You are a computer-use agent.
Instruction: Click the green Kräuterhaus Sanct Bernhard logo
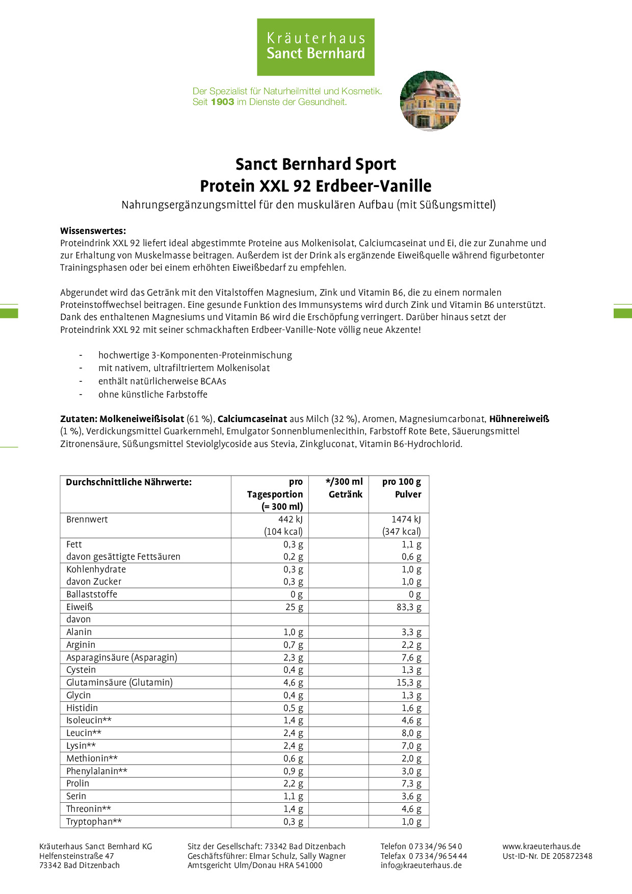pyautogui.click(x=315, y=47)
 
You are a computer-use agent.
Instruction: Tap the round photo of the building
pyautogui.click(x=430, y=100)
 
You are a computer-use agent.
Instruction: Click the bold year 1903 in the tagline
pyautogui.click(x=222, y=102)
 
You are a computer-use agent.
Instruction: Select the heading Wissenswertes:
pyautogui.click(x=93, y=231)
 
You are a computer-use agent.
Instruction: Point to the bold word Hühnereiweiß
pyautogui.click(x=519, y=419)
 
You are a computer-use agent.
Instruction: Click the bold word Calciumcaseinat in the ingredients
pyautogui.click(x=252, y=419)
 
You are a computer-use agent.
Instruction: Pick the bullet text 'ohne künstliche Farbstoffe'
pyautogui.click(x=153, y=395)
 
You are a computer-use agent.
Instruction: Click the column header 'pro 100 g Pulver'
pyautogui.click(x=402, y=488)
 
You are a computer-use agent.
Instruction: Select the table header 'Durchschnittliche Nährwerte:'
pyautogui.click(x=129, y=482)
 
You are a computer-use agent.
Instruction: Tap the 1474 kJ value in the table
pyautogui.click(x=406, y=519)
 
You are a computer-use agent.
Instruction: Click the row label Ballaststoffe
pyautogui.click(x=92, y=594)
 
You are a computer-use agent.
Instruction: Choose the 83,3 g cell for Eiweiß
pyautogui.click(x=409, y=607)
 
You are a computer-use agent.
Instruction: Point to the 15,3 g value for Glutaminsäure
pyautogui.click(x=409, y=682)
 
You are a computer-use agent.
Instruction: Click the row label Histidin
pyautogui.click(x=82, y=708)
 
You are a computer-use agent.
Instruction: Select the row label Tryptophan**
pyautogui.click(x=94, y=822)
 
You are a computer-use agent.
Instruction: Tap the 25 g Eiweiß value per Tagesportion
pyautogui.click(x=294, y=607)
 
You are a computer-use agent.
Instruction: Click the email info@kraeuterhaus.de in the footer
pyautogui.click(x=421, y=865)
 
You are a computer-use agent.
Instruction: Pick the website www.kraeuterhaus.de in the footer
pyautogui.click(x=541, y=846)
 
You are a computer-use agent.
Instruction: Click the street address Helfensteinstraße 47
pyautogui.click(x=76, y=856)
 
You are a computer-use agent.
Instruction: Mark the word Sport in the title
pyautogui.click(x=376, y=164)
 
